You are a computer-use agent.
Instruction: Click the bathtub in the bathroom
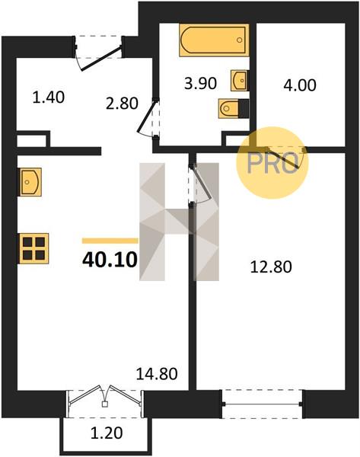[214, 40]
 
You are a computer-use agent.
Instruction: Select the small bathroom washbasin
[240, 80]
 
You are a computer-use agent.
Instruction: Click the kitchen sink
[30, 182]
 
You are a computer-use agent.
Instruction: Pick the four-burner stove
[33, 248]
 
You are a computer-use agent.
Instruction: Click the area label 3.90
[200, 84]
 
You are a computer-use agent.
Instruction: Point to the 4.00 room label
[300, 85]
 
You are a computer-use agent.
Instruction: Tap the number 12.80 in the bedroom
[271, 267]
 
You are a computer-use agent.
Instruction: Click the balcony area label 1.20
[107, 433]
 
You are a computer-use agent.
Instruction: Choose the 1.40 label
[49, 97]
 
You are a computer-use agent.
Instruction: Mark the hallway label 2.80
[122, 104]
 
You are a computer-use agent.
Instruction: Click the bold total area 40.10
[110, 260]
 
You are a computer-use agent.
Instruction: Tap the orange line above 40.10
[110, 241]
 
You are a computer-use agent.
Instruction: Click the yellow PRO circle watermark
[272, 163]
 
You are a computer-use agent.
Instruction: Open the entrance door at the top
[100, 59]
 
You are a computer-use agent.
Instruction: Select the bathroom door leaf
[146, 116]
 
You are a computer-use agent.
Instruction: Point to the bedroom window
[263, 404]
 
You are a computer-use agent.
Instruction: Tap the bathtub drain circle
[240, 40]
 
